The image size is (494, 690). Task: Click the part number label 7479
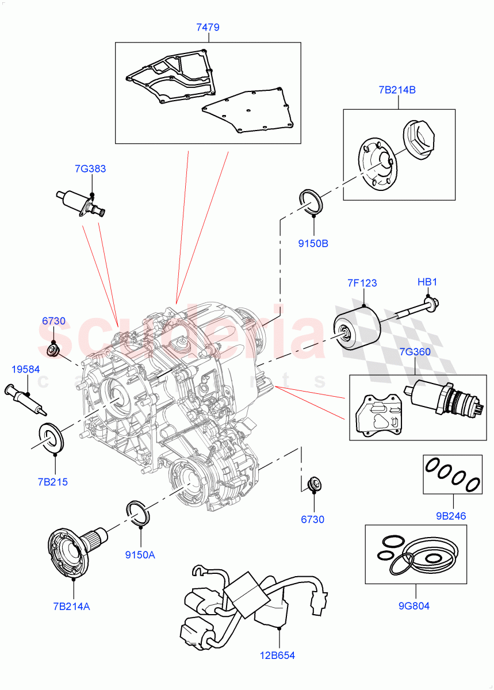click(x=208, y=27)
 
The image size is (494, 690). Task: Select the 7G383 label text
click(x=90, y=168)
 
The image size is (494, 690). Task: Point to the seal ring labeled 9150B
click(x=312, y=201)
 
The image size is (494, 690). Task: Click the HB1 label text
click(x=427, y=282)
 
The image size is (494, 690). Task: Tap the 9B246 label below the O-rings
click(x=450, y=516)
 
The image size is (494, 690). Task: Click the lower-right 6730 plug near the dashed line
click(x=314, y=484)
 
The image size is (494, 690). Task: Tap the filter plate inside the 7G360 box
click(x=378, y=415)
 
